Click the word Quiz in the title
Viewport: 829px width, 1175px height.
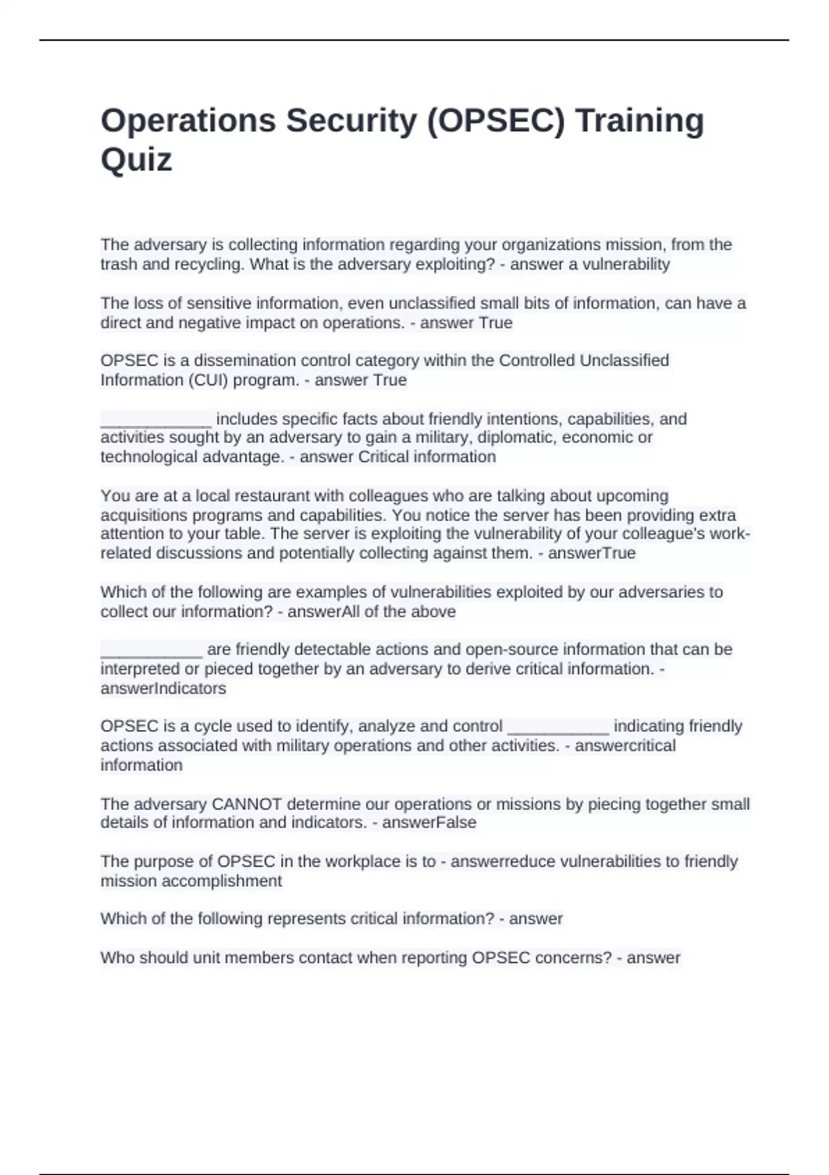pyautogui.click(x=136, y=160)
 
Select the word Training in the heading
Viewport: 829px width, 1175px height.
pyautogui.click(x=640, y=121)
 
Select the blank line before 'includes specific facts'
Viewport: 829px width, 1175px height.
pyautogui.click(x=156, y=420)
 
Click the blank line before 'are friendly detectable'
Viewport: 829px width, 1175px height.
pyautogui.click(x=151, y=650)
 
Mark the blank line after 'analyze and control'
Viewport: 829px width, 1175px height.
pyautogui.click(x=558, y=727)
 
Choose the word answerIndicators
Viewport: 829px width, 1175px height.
pyautogui.click(x=163, y=688)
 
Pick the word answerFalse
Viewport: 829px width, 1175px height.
pyautogui.click(x=429, y=822)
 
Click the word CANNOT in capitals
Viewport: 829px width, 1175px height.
pyautogui.click(x=247, y=804)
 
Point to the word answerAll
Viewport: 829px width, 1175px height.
pyautogui.click(x=320, y=612)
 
